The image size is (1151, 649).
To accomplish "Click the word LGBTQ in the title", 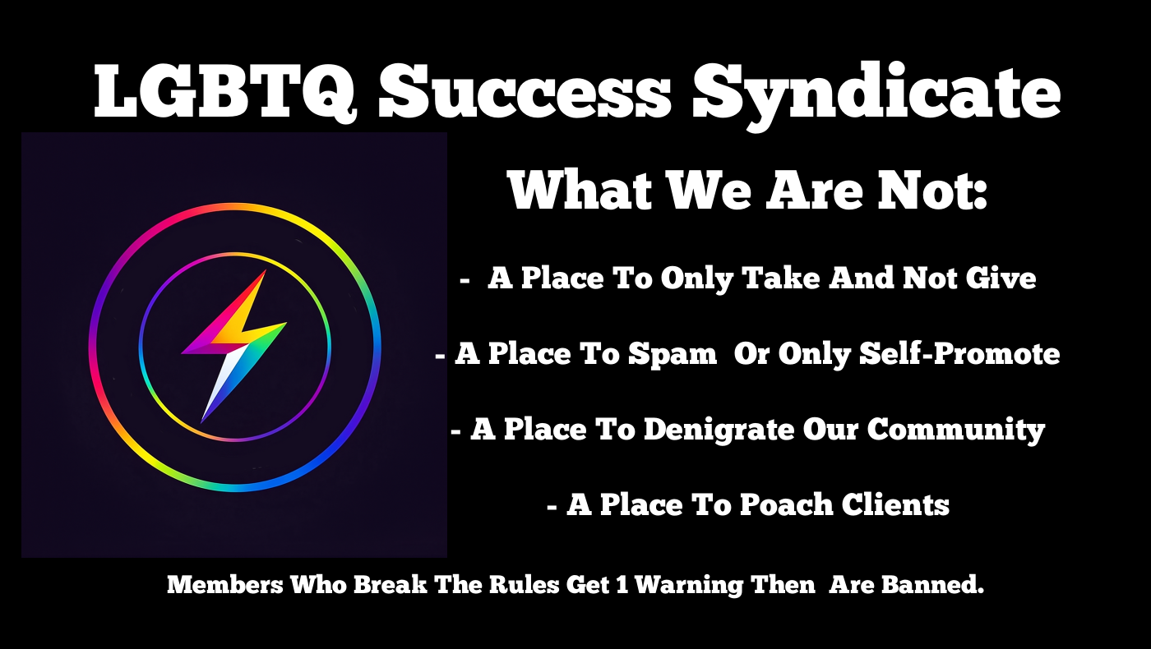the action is tap(224, 92).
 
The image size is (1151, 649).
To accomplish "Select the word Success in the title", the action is tap(525, 92).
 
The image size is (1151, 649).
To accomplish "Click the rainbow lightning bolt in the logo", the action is tap(233, 346).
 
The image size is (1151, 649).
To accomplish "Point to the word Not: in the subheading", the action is tap(932, 190).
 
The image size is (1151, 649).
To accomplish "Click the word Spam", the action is tap(673, 355).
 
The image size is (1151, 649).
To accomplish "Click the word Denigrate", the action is tap(719, 430).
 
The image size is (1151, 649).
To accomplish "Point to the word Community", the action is tap(955, 430).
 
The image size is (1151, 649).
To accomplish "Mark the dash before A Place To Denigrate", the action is tap(455, 432).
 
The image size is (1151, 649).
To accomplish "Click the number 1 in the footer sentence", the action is tap(622, 585).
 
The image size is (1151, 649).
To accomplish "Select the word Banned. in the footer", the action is tap(932, 585).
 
